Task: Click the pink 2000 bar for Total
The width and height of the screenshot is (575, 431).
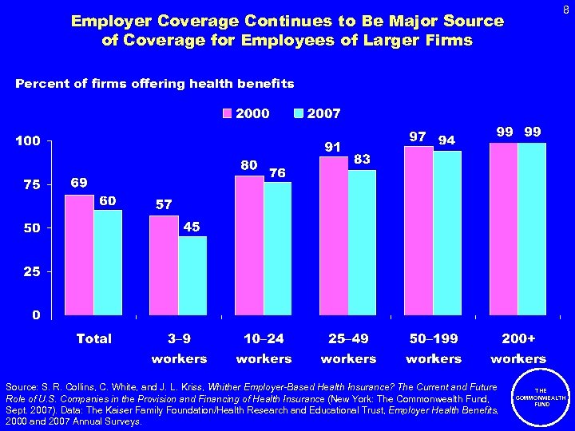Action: coord(79,254)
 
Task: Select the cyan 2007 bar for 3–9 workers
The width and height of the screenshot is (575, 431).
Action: coord(192,275)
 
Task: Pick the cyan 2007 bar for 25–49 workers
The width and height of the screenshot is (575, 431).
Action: coord(363,242)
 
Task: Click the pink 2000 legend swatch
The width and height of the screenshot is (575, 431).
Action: coord(228,114)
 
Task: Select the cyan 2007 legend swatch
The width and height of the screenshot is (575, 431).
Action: coord(299,114)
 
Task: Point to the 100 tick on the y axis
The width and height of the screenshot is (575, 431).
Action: coord(29,141)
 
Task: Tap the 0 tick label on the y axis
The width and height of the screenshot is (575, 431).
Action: coord(36,314)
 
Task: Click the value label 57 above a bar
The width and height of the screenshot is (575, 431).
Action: coord(164,205)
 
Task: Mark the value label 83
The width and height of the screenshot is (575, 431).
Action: coord(362,160)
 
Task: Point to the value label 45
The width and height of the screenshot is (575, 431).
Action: coord(192,227)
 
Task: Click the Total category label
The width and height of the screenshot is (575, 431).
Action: coord(94,338)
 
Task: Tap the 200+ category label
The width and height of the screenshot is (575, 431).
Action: coord(518,338)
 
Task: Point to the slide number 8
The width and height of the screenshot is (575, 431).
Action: coord(565,10)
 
